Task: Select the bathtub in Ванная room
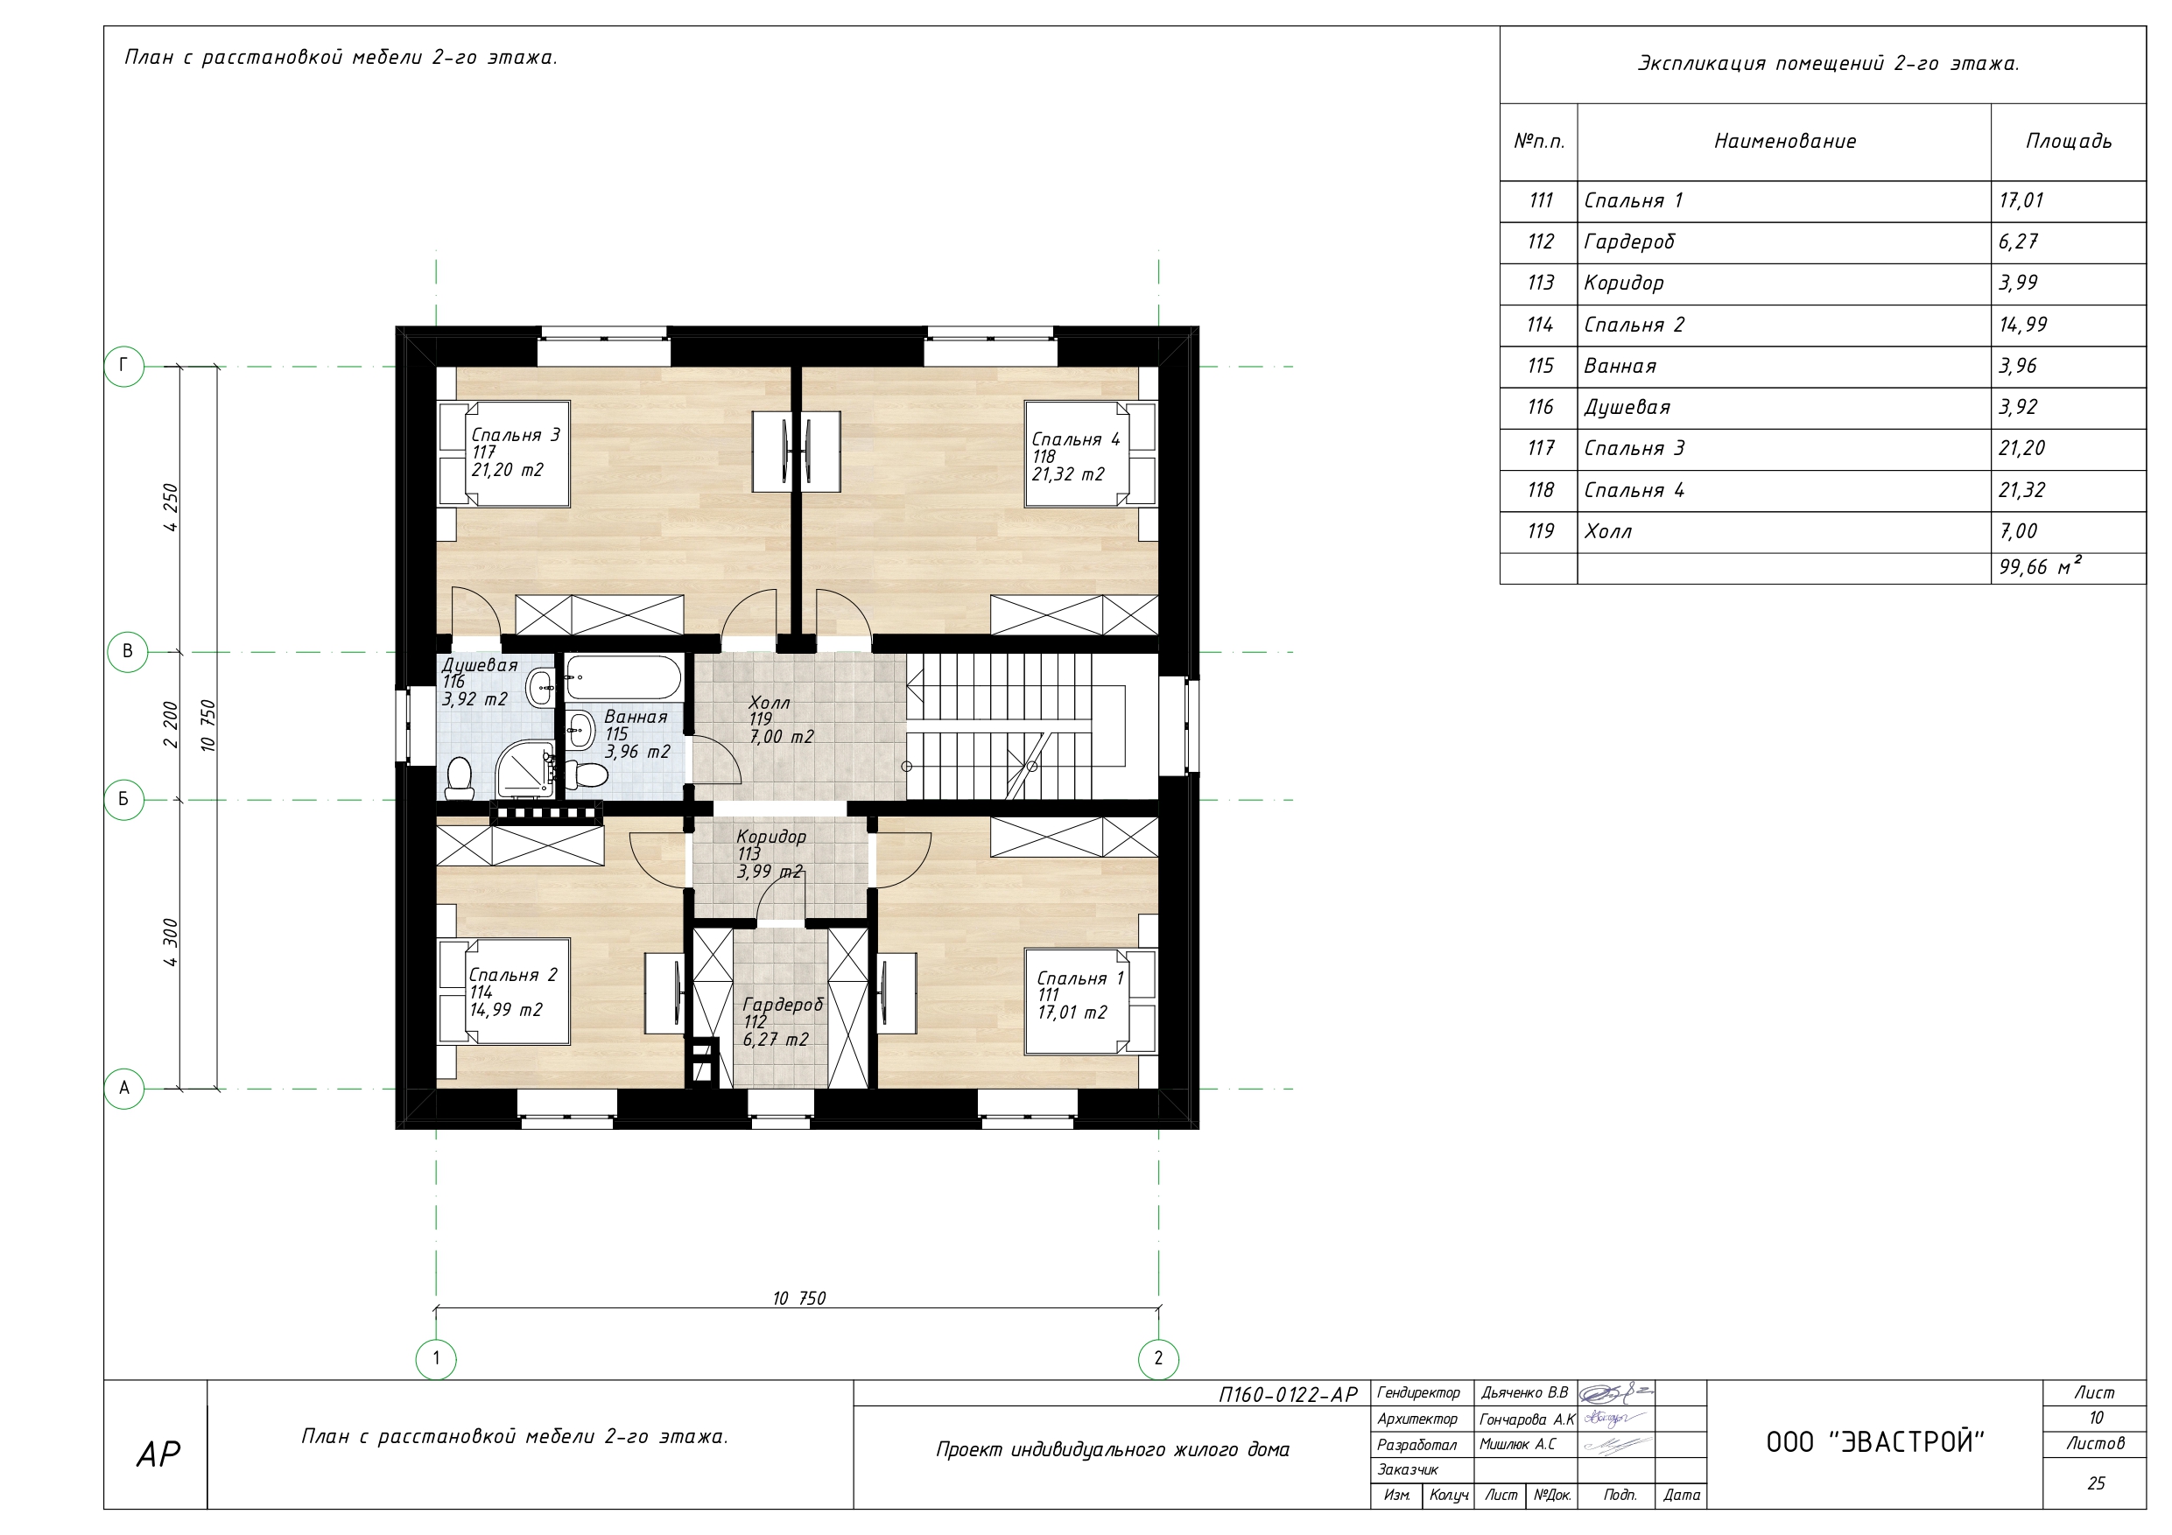(623, 677)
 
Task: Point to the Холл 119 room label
(780, 718)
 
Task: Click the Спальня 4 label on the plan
(1076, 438)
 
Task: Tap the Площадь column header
(2069, 142)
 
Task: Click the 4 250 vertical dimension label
(171, 508)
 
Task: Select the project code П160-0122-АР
(1289, 1394)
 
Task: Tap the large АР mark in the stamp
(158, 1454)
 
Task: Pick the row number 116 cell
(1540, 408)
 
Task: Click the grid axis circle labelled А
(124, 1089)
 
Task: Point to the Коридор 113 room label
(771, 853)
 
